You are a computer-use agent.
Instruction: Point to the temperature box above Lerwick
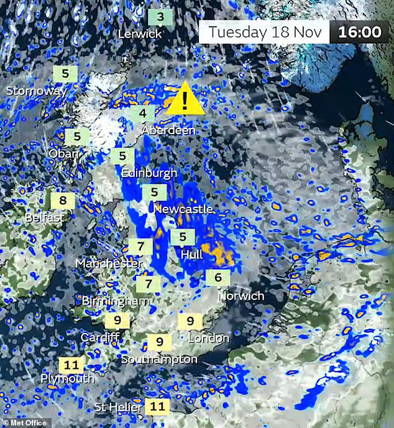point(160,17)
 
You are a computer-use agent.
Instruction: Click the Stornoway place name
point(37,91)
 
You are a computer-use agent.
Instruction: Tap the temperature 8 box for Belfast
point(63,201)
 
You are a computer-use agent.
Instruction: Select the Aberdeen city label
point(168,130)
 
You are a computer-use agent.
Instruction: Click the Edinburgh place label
point(149,173)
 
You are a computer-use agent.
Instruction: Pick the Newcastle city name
point(183,209)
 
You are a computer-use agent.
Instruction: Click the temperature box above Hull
point(183,237)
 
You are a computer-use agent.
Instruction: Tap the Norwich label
point(241,296)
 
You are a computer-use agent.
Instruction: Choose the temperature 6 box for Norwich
point(218,278)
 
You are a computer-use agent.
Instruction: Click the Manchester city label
point(109,263)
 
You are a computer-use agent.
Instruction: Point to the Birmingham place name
point(116,301)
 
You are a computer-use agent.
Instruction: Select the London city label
point(209,339)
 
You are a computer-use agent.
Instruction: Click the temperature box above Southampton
point(160,342)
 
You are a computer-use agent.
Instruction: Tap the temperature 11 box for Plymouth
point(71,365)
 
